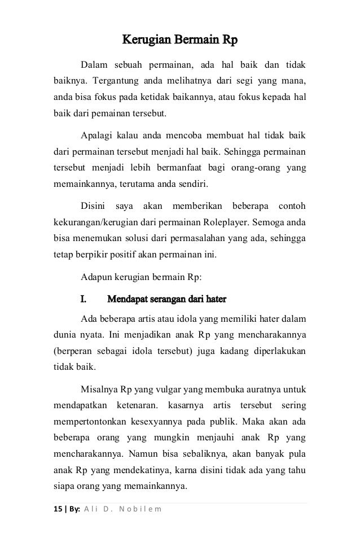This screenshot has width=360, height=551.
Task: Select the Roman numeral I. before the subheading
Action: (x=85, y=298)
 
